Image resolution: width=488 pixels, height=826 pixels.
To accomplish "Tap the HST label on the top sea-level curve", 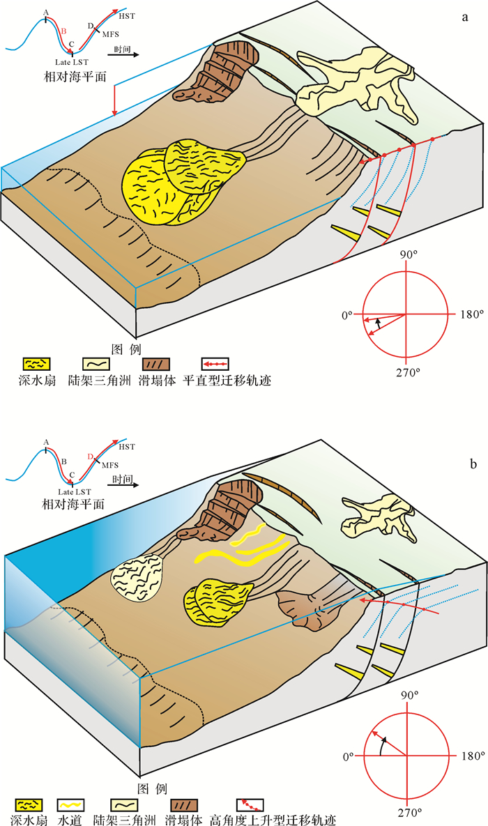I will [x=128, y=15].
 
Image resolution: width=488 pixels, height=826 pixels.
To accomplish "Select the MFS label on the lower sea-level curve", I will [x=111, y=465].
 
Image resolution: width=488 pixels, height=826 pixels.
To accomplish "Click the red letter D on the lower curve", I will [x=91, y=457].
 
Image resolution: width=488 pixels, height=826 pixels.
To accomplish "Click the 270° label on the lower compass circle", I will [x=408, y=813].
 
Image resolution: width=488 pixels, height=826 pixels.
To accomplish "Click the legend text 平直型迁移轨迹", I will [x=236, y=381].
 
